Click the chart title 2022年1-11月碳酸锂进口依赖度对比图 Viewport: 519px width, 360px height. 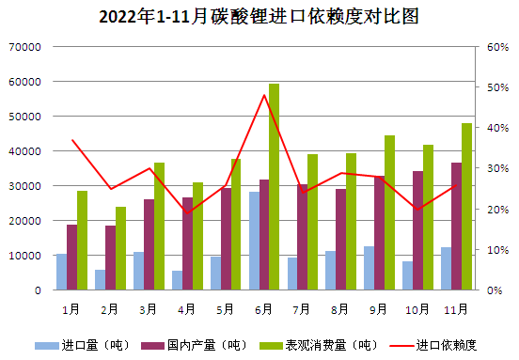click(x=259, y=17)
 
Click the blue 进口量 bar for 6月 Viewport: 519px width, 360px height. click(x=254, y=241)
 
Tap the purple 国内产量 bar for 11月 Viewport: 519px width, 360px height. click(x=456, y=226)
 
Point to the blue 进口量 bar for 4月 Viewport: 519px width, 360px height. click(x=177, y=280)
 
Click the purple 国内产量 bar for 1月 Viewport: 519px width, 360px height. click(x=72, y=257)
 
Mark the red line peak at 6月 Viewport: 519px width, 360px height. click(x=264, y=95)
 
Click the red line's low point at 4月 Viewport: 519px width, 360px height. click(x=187, y=212)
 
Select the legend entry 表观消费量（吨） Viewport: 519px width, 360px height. click(x=314, y=345)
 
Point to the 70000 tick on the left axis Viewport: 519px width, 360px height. click(x=25, y=47)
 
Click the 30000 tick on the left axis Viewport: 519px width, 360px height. click(x=25, y=186)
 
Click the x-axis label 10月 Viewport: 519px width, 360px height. click(x=418, y=307)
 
